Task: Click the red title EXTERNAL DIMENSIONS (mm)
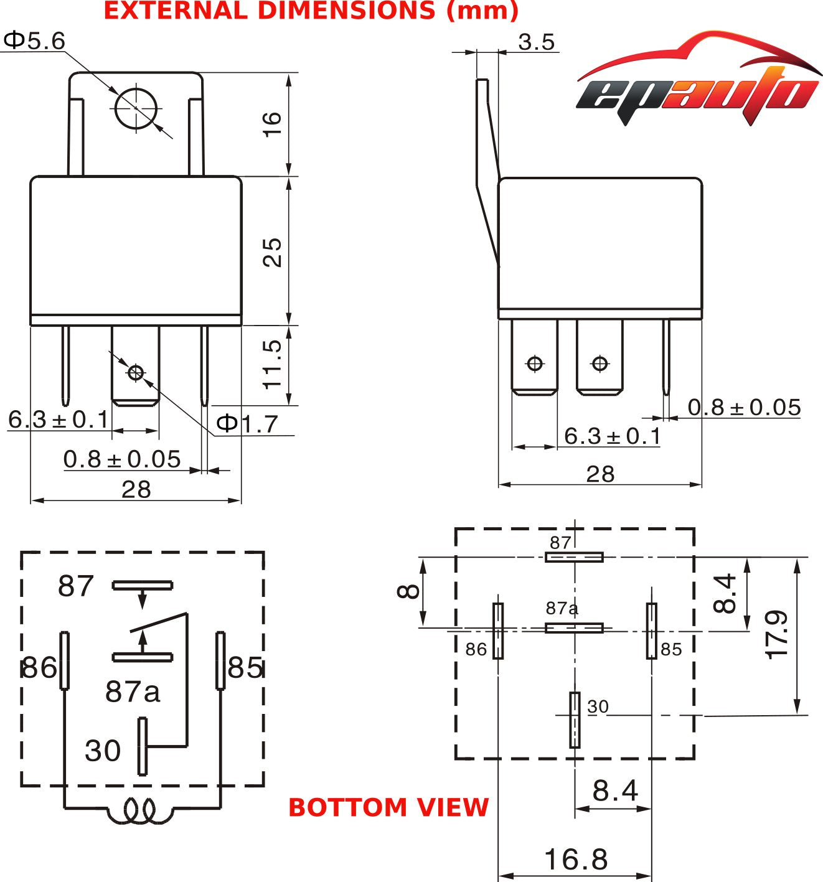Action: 311,11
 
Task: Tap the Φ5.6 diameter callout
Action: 34,41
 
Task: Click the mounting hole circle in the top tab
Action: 136,108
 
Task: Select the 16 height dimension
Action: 272,124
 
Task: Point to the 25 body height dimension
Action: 272,252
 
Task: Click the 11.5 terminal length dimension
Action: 272,364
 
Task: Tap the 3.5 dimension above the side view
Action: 536,42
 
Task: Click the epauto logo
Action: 698,81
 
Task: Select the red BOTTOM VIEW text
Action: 388,807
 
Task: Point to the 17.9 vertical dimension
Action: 777,635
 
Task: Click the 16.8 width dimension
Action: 576,860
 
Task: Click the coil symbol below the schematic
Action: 139,810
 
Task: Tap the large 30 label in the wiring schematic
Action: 103,751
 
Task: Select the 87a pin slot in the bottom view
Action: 574,628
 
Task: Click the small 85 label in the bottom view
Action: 671,650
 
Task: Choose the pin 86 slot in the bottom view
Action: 498,631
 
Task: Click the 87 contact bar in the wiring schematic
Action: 143,585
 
